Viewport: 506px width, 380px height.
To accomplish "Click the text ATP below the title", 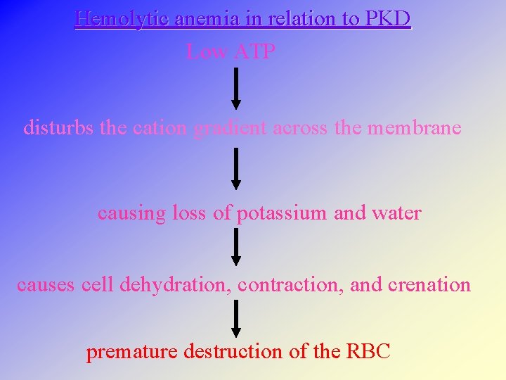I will (253, 51).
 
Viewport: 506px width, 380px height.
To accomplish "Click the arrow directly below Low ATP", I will (236, 88).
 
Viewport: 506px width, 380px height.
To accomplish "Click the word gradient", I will (229, 129).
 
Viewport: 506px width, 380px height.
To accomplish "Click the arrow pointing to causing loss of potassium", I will (236, 168).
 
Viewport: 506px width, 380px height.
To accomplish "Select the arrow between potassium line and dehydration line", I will (236, 247).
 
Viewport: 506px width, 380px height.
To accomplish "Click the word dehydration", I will (176, 285).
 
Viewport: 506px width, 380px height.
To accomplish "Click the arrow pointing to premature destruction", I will (236, 319).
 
